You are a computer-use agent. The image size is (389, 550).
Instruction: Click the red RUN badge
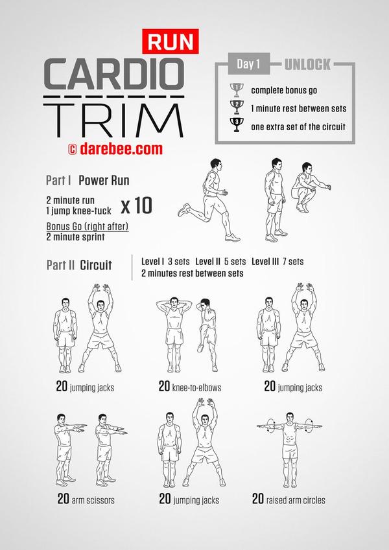171,41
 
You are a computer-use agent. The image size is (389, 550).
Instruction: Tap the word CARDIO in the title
114,74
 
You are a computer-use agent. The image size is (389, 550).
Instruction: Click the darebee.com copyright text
115,149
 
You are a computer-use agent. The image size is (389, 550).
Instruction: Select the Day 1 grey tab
248,64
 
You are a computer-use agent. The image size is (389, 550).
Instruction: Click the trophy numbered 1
236,90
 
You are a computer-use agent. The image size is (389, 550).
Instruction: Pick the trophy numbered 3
236,125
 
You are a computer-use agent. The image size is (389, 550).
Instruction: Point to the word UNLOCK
307,65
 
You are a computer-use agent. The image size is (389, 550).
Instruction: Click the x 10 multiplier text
136,205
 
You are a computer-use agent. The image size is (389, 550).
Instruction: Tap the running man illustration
208,200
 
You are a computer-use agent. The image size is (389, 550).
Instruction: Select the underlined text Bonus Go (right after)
88,227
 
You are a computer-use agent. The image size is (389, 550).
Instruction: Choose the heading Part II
60,265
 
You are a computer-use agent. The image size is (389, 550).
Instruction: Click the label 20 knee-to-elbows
190,387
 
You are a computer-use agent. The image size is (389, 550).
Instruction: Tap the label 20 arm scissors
86,499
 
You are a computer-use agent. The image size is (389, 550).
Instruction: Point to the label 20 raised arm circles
289,499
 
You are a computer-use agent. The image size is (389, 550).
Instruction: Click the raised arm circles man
289,450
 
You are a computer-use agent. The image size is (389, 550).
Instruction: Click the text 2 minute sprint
75,237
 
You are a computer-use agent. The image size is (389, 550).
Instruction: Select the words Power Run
104,180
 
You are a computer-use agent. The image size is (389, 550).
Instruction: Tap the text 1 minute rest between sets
298,108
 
